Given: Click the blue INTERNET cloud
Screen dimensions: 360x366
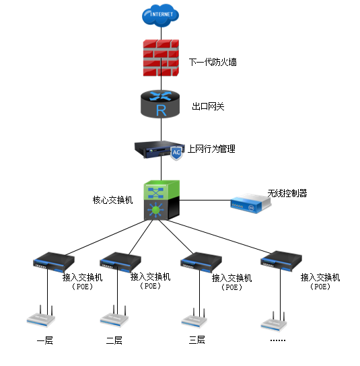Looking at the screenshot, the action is [160, 15].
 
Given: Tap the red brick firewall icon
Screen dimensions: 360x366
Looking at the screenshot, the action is [161, 58].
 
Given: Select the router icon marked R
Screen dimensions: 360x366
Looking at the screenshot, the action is [160, 104].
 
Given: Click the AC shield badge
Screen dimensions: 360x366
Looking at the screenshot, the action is [176, 153].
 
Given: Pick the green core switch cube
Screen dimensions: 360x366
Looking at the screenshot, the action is [161, 200].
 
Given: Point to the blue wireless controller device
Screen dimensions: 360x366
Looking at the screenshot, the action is [250, 204].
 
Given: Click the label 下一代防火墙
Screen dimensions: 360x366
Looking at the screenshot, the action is [213, 62].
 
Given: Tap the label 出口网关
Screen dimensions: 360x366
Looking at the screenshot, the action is [208, 106].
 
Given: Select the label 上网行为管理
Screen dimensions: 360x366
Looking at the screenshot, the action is [211, 149].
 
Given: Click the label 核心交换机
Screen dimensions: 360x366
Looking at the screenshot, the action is [112, 200].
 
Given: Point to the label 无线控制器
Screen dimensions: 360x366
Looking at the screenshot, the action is [287, 193].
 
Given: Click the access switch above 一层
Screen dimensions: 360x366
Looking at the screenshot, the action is [54, 262].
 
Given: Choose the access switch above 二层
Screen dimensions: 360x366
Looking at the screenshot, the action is [120, 262].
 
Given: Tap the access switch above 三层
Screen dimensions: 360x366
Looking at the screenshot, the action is [201, 262].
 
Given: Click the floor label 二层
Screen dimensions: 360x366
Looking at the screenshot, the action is [114, 340].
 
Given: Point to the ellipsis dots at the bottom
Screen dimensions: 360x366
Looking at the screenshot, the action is [278, 340].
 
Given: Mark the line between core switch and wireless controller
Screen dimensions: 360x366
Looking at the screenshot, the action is [205, 200].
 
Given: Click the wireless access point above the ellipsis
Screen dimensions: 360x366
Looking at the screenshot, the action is [274, 322].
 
